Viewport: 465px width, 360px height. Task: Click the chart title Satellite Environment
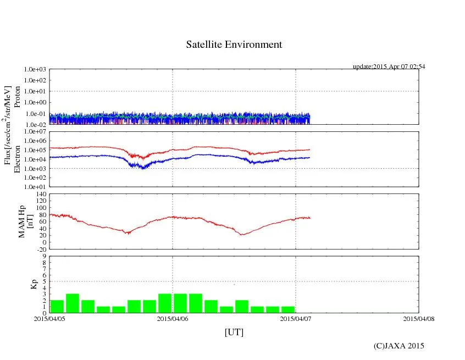click(x=234, y=45)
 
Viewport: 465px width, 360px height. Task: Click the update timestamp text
click(x=389, y=67)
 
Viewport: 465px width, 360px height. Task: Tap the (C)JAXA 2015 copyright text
click(x=398, y=346)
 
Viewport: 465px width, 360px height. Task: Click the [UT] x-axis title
click(x=234, y=332)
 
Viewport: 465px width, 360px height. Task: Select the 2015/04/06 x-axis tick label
click(x=173, y=319)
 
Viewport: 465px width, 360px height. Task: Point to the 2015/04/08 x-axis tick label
click(x=419, y=319)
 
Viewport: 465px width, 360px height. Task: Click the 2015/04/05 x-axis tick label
click(x=49, y=319)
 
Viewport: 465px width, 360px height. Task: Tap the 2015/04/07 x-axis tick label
click(x=296, y=319)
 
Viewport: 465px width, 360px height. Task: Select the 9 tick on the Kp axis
click(x=44, y=256)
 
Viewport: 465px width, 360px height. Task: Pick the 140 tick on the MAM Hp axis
click(x=40, y=195)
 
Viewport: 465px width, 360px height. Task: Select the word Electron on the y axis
click(x=17, y=159)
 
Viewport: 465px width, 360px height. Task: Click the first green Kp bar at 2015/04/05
click(x=57, y=306)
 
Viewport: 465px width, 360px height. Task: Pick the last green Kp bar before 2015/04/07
click(x=287, y=309)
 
